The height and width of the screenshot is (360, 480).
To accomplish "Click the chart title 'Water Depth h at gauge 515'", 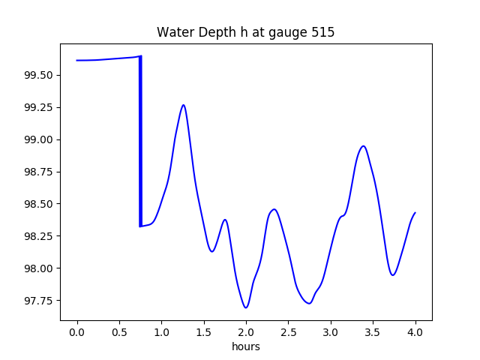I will pos(245,32).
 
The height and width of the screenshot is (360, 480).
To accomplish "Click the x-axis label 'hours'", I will pos(246,346).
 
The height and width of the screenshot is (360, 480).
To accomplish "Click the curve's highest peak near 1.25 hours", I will pos(183,105).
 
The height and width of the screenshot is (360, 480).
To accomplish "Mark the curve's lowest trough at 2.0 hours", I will pos(246,307).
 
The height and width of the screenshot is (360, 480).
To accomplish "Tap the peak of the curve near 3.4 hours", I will pos(363,146).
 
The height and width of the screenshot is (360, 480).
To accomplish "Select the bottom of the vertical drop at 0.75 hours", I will pos(140,226).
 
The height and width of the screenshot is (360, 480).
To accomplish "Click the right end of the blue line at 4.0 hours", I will pos(415,213).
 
